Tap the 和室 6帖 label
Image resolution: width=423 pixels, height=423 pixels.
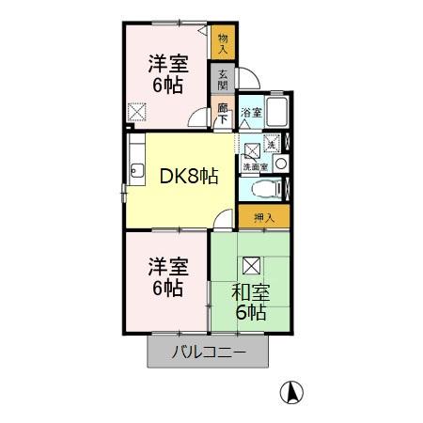coord(250,302)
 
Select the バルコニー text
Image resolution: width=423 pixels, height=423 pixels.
coord(208,354)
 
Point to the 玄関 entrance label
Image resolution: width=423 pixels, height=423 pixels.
coord(224,77)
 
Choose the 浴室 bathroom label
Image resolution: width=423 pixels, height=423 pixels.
coord(250,113)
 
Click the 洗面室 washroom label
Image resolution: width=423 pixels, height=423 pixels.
coord(255,166)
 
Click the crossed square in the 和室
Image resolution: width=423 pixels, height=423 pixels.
coord(251,265)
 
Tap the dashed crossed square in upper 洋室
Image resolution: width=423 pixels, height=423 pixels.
coord(137,115)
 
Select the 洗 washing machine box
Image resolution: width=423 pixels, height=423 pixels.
coord(271,145)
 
